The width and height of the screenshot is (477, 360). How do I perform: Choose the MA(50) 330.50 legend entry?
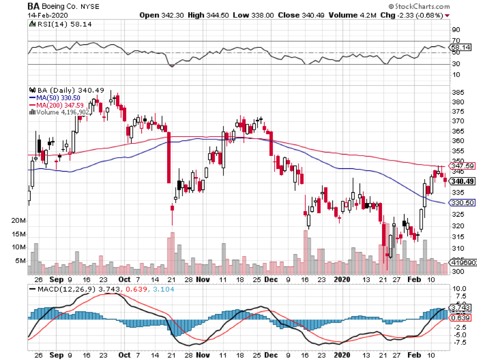click(56, 98)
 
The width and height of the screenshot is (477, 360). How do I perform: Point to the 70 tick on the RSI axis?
click(455, 41)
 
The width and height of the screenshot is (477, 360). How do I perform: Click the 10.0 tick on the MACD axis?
click(458, 288)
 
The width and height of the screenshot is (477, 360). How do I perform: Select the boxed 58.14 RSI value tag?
click(460, 48)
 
